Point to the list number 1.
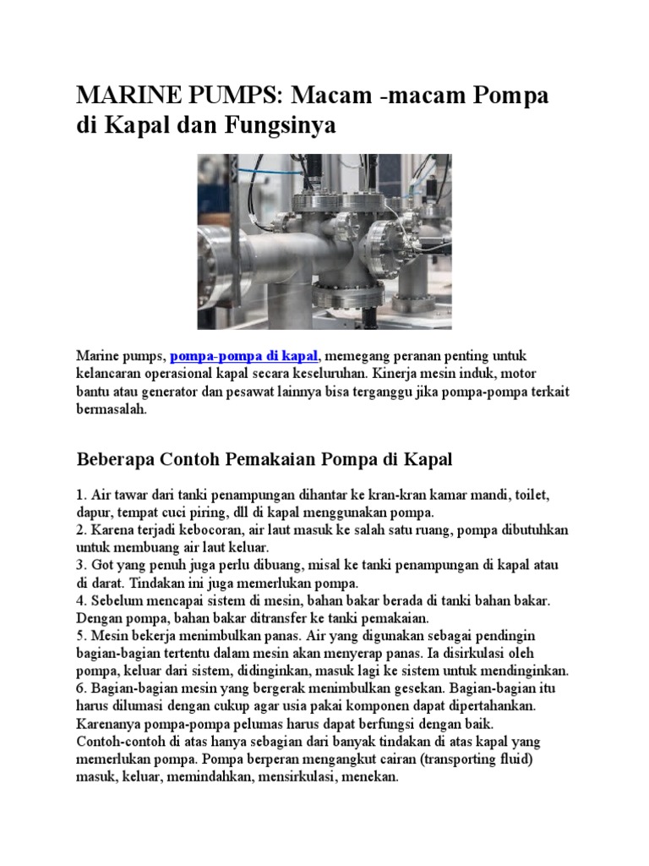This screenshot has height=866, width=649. tap(80, 494)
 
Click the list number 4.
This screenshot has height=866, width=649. tap(81, 600)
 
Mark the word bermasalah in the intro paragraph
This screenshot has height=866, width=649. tap(112, 408)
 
